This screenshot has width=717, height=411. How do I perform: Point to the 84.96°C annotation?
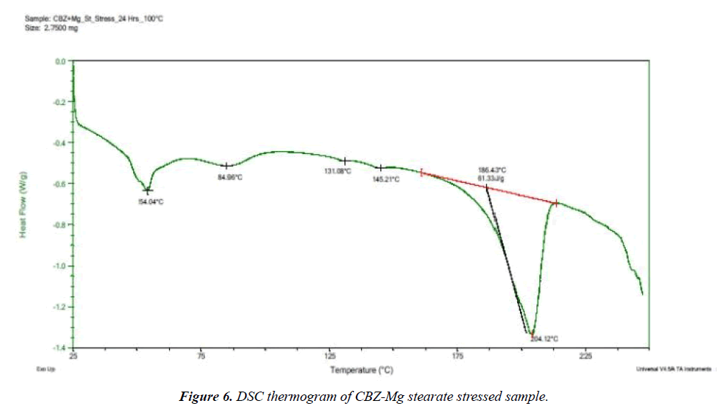tap(230, 176)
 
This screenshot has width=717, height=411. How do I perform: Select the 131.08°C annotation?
tap(337, 171)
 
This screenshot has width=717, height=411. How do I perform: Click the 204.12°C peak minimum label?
tap(544, 338)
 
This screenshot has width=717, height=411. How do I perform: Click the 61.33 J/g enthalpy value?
tap(488, 178)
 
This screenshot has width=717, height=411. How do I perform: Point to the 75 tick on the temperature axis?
tap(201, 356)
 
